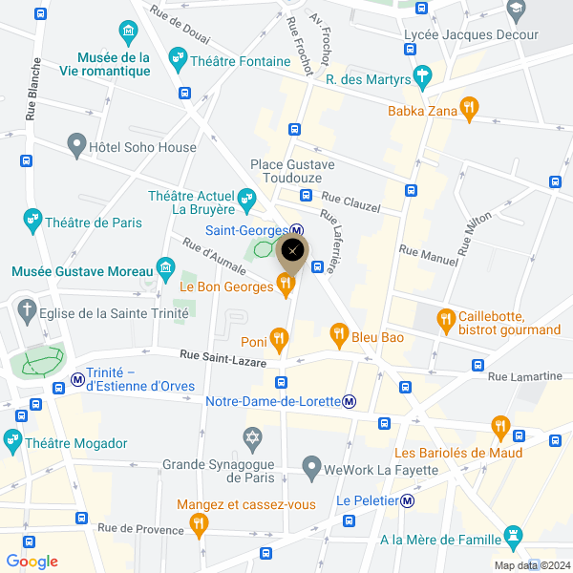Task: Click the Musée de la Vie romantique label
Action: pos(114,65)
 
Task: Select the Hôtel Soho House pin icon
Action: pos(76,146)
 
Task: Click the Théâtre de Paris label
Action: pos(94,223)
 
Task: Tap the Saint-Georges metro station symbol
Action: pos(298,230)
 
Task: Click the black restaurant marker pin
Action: pos(293,251)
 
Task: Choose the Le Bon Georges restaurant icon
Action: pos(284,283)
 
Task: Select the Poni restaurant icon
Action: pos(278,337)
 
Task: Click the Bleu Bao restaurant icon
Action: pos(338,333)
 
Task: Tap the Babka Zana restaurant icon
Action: pos(468,108)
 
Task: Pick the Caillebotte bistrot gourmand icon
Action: pos(445,319)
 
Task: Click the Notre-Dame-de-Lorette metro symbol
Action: pos(350,401)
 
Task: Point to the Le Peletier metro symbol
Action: pos(408,499)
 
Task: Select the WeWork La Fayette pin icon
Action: pos(310,467)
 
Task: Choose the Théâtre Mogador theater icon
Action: pos(12,442)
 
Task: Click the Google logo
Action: pos(32,562)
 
